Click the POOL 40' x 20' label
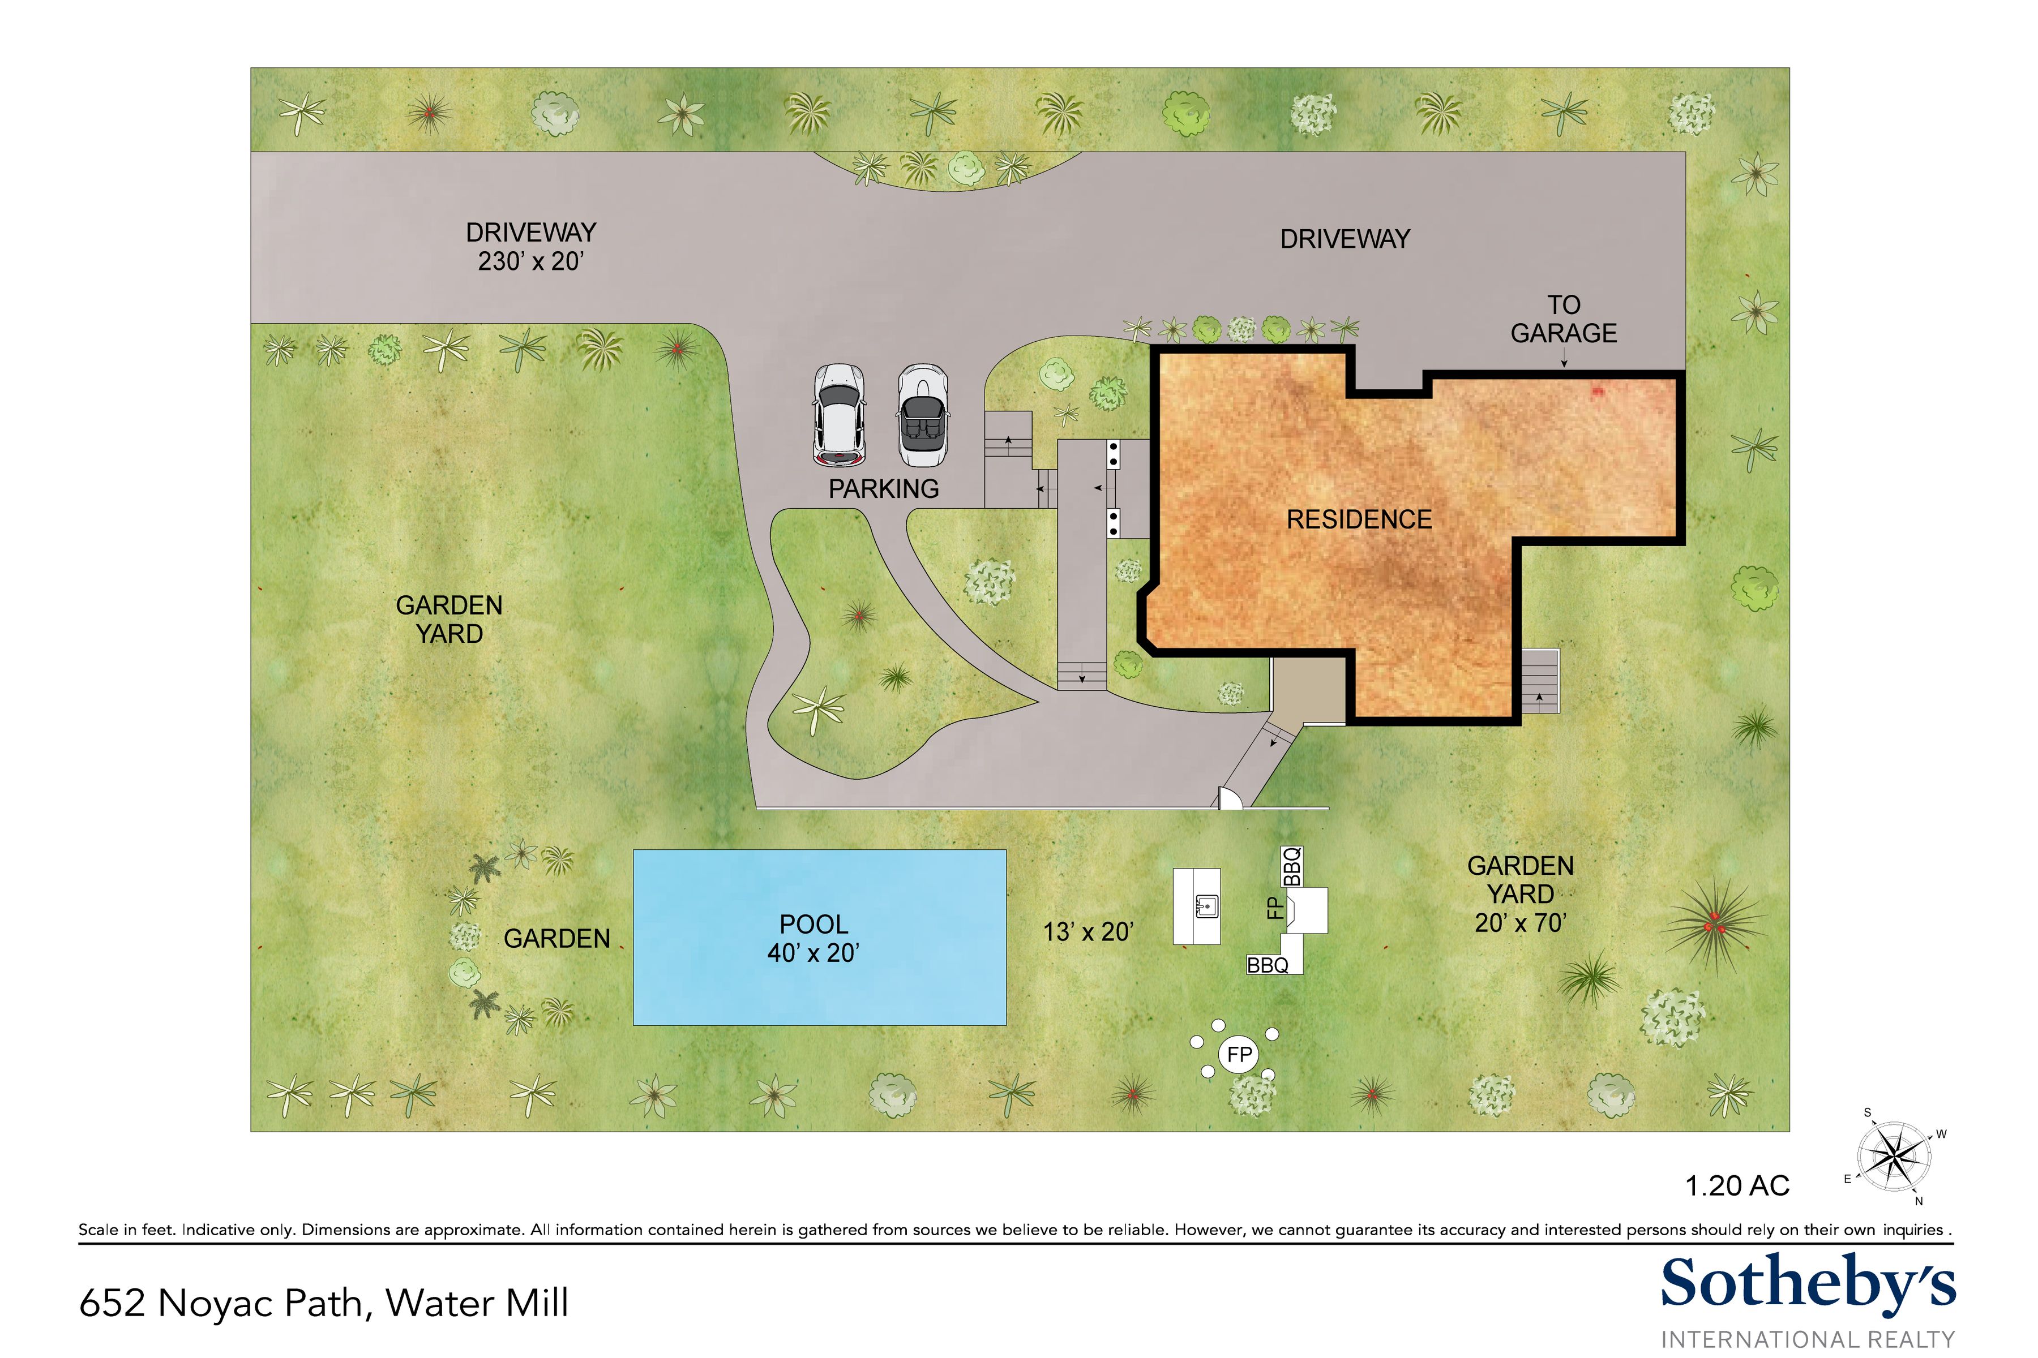[813, 938]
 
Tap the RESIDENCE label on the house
[1359, 519]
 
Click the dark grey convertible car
[922, 416]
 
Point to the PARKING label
[883, 489]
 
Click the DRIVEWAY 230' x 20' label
[530, 247]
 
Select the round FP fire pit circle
[1239, 1055]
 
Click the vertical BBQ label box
[1292, 866]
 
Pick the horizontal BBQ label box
[1269, 965]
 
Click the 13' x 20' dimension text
[1088, 932]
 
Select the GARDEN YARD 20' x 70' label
[1520, 895]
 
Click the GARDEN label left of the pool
[556, 939]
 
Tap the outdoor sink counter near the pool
[1197, 906]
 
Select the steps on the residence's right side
[1540, 682]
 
